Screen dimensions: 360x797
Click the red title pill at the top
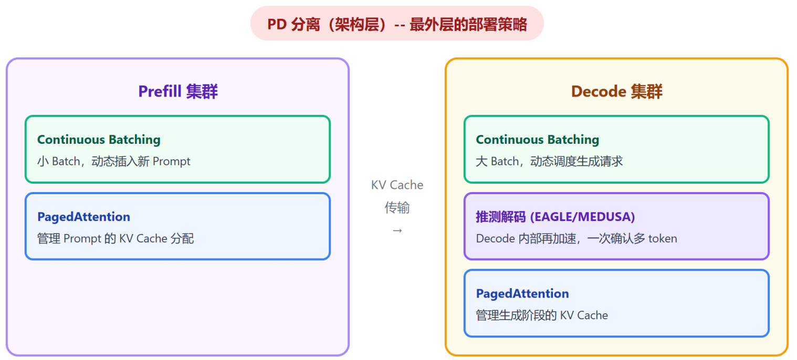pos(397,24)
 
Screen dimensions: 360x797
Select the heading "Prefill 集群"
pos(178,92)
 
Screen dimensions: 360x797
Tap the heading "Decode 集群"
pos(616,92)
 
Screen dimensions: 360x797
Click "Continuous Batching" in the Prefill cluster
pos(99,140)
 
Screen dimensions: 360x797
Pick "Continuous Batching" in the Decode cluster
pos(537,140)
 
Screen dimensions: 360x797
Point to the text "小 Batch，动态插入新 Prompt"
pos(114,161)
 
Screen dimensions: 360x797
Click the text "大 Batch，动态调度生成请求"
pos(549,161)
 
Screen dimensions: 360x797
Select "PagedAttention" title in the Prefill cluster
pos(83,217)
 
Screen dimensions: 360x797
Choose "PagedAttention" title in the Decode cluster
pos(522,293)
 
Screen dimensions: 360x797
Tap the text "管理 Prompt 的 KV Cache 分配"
pos(116,239)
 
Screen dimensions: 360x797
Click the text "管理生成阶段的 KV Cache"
pos(542,315)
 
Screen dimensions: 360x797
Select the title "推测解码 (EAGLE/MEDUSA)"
pos(555,217)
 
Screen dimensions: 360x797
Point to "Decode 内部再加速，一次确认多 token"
pos(576,239)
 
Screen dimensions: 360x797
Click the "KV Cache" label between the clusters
pos(397,185)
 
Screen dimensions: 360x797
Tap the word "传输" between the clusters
pos(397,208)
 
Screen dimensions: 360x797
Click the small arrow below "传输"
pos(397,230)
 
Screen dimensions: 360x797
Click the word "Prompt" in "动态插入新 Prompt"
pos(172,161)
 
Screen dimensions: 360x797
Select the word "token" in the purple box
pos(663,239)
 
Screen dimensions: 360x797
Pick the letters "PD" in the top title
pos(276,24)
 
